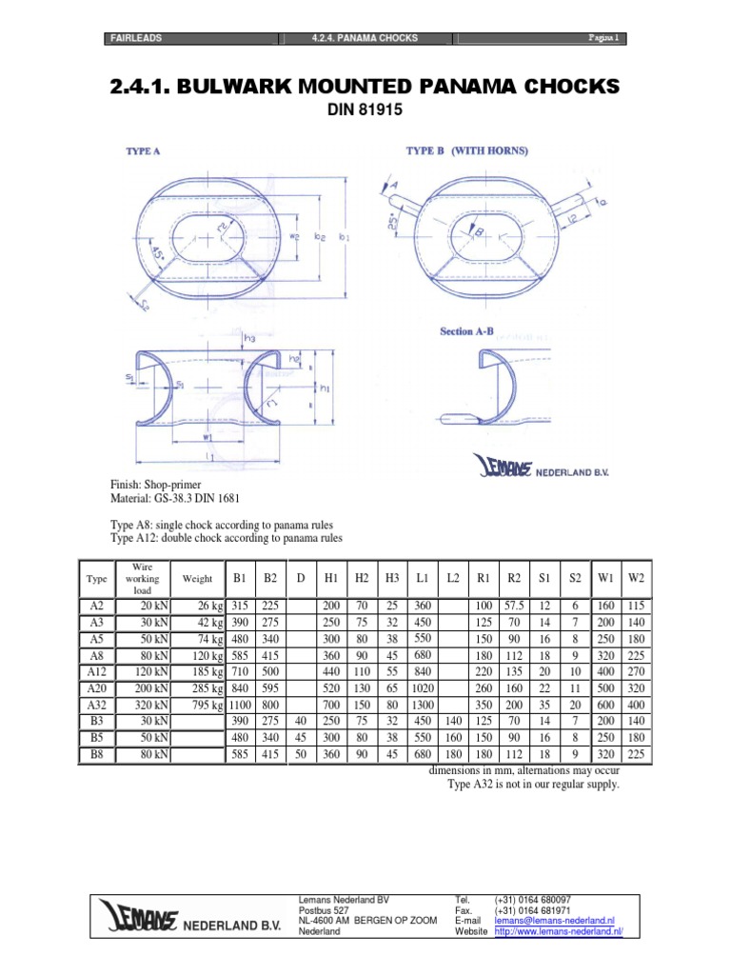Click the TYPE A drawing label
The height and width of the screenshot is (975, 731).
click(x=143, y=151)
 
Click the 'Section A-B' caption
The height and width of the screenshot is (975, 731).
click(x=469, y=331)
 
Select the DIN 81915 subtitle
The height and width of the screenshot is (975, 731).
click(x=365, y=110)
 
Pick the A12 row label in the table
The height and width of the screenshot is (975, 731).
click(x=96, y=670)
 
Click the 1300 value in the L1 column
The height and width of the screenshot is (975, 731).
click(x=421, y=705)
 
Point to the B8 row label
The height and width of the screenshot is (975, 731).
click(x=96, y=754)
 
